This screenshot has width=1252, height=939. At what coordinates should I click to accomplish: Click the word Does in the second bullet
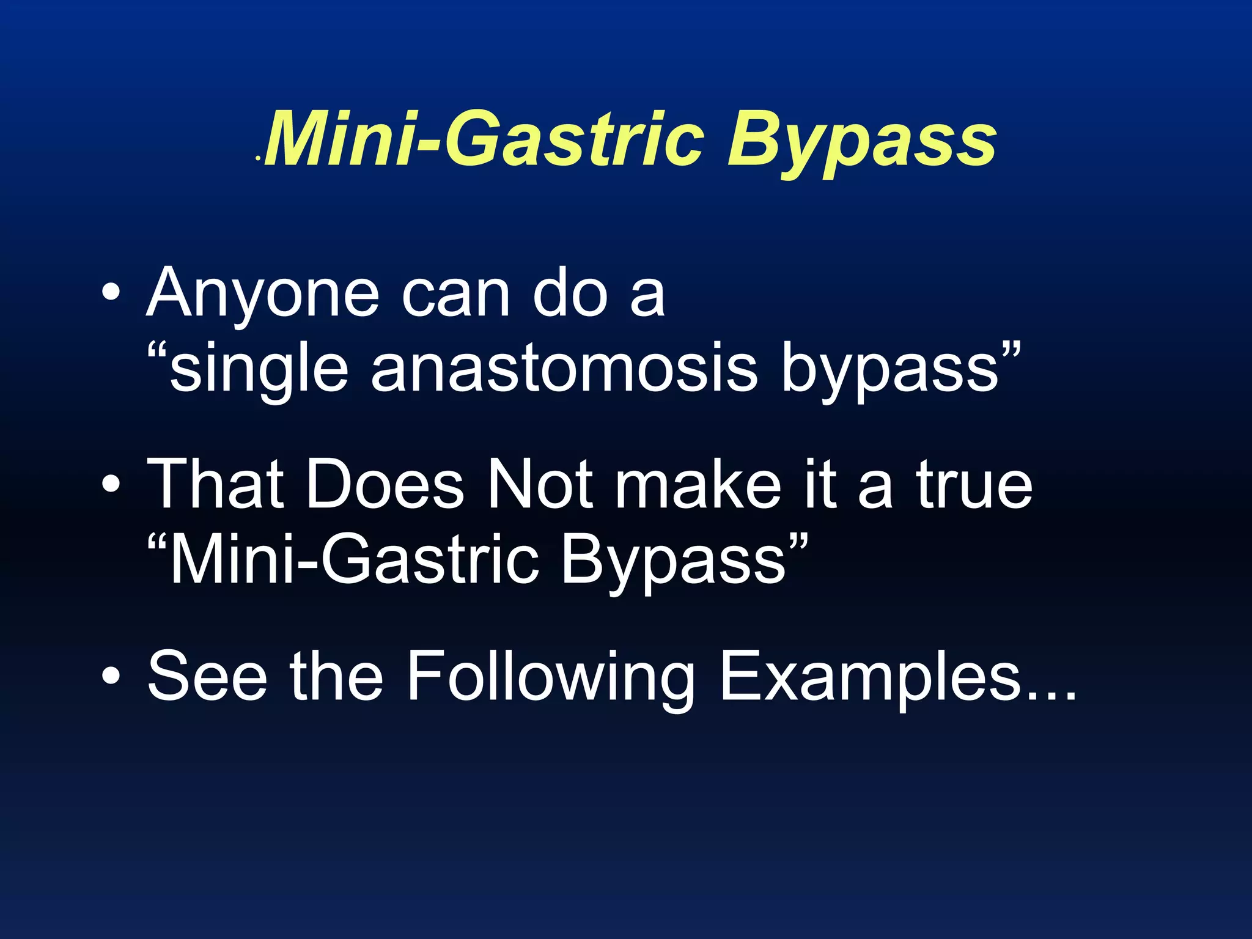click(385, 485)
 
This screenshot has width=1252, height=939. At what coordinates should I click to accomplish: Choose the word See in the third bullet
click(208, 676)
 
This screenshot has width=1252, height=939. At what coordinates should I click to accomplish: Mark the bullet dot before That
click(111, 485)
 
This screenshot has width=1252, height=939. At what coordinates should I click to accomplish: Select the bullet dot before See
click(111, 676)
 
